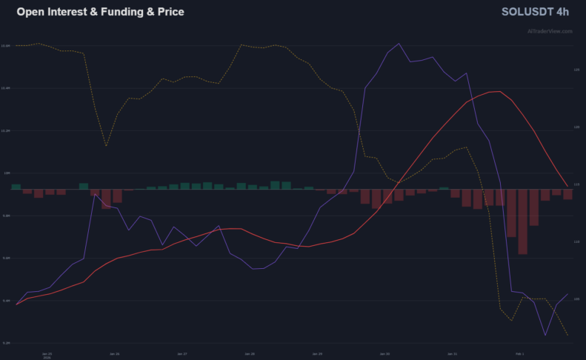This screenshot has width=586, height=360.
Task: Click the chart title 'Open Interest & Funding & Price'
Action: pos(100,13)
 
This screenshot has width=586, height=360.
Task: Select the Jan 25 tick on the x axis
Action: pos(47,353)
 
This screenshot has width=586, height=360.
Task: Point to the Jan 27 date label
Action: pos(182,353)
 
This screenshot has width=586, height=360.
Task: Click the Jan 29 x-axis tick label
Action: pos(316,353)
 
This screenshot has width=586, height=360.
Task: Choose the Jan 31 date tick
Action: pos(452,353)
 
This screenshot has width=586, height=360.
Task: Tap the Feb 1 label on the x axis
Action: pos(519,353)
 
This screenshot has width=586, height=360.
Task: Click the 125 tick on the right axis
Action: pos(576,70)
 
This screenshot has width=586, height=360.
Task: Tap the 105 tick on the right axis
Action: pos(576,299)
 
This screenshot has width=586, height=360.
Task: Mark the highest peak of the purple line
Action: pos(399,44)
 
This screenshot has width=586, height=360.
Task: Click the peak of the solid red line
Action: pos(500,92)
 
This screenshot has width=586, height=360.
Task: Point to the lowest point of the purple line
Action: pos(545,336)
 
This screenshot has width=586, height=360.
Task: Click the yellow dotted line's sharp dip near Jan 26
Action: pos(107,146)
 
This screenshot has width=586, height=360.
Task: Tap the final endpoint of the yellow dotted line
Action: pos(568,336)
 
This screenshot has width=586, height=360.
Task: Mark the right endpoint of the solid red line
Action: pos(568,187)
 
